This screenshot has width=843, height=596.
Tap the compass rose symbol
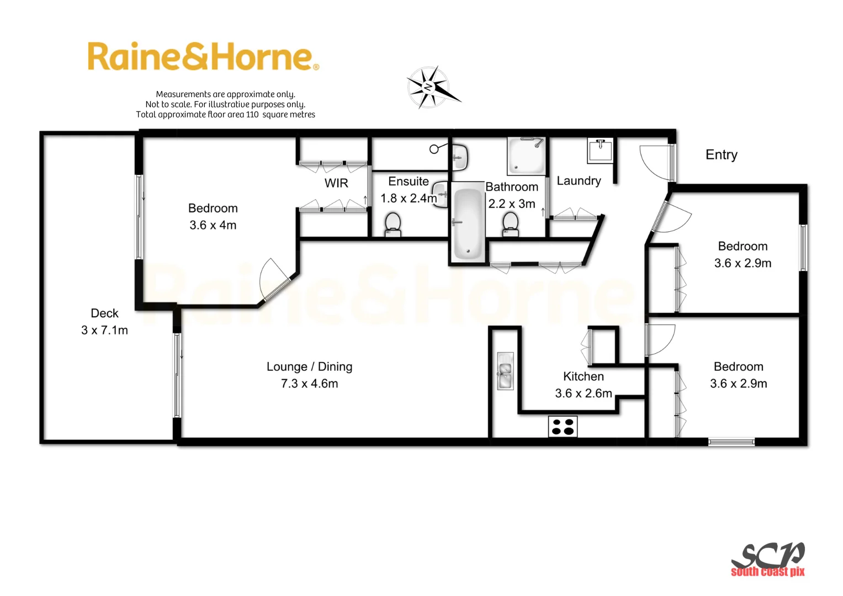tap(431, 87)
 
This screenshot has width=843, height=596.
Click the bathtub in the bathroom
tap(468, 223)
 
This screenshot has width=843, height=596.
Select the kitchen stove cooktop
tap(563, 427)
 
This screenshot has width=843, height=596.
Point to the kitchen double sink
tap(505, 371)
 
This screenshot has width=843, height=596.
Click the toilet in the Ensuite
tap(393, 223)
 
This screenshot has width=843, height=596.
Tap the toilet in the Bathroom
tap(511, 224)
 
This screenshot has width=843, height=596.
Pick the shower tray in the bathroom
tap(527, 155)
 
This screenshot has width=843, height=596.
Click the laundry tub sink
tap(600, 151)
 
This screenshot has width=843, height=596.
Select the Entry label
tap(721, 155)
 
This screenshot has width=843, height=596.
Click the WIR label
tap(336, 183)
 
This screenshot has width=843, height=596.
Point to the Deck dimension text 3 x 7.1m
tap(104, 331)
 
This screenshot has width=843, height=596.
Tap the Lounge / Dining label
tap(309, 367)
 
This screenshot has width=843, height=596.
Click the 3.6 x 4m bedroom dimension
tap(213, 225)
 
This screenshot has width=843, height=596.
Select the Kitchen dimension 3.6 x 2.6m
tap(584, 393)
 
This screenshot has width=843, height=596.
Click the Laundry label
tap(579, 181)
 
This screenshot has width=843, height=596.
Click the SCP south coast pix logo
tap(768, 560)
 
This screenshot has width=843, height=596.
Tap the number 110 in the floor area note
tap(252, 115)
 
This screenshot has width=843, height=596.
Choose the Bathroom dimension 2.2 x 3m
tap(512, 204)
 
